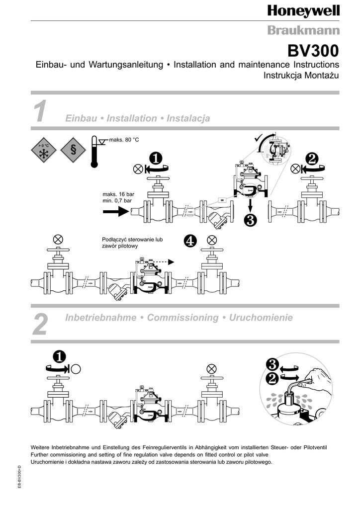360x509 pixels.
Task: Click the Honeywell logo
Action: [303, 11]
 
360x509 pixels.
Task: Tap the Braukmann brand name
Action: [303, 30]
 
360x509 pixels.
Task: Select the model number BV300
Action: [313, 51]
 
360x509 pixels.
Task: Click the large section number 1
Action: [40, 111]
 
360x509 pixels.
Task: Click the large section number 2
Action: [41, 324]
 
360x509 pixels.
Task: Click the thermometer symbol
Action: [94, 151]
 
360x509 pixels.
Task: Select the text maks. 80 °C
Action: [124, 140]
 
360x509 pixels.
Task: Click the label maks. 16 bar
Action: [118, 194]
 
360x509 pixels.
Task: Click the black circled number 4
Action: [190, 241]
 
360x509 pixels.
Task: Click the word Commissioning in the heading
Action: [183, 318]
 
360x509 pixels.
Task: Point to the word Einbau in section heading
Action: [81, 118]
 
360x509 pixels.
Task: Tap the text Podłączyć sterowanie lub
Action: [132, 240]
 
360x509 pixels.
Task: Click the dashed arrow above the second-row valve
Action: [163, 262]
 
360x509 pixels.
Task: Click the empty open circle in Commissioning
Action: [76, 369]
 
